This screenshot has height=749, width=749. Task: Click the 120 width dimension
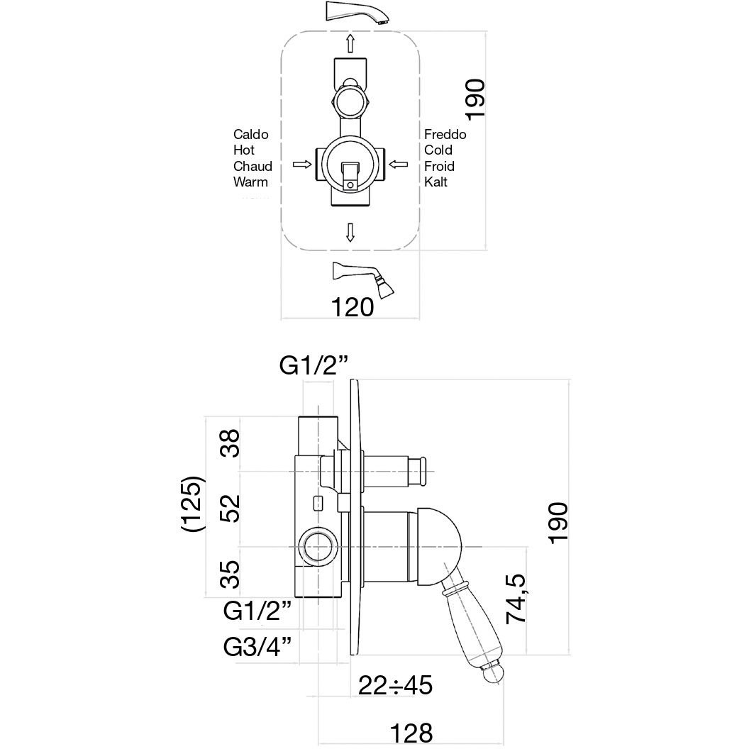pos(353,307)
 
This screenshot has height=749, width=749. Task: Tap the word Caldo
pos(250,134)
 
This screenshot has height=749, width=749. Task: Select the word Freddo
pos(445,134)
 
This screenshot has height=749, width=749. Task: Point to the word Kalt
pos(436,182)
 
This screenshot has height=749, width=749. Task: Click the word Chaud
pos(253,166)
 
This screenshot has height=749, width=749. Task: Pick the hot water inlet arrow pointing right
pos(302,165)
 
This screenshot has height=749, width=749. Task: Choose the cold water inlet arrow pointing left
pos(398,165)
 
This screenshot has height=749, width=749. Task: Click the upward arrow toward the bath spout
pos(349,43)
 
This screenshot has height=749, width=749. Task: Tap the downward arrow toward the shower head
pos(349,232)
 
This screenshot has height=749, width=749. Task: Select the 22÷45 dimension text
pos(395,686)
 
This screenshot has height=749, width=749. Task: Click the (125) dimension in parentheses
pos(194,504)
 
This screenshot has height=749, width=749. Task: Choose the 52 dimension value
pos(230,507)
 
